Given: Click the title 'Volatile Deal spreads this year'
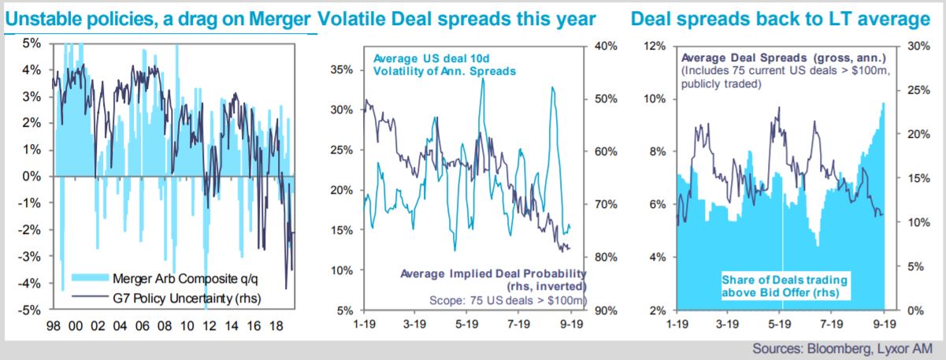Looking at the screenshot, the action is point(456,19).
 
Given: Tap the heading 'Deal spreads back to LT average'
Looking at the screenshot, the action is point(781,19).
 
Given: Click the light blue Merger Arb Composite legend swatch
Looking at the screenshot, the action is point(90,277).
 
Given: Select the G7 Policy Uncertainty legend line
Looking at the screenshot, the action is point(90,297).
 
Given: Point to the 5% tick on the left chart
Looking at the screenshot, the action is point(32,43).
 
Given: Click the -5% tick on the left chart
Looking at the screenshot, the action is point(29,310).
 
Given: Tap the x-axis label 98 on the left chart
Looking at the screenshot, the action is point(54,326).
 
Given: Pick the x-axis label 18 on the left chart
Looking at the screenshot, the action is point(276,326).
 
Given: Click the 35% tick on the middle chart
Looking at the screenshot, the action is point(342,70).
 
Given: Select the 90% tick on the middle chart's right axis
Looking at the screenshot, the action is point(606,310).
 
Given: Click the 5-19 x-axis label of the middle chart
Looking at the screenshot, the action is point(466,324).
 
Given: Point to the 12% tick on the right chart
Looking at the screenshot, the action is point(655,46).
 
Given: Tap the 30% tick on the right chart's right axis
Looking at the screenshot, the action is point(918,46).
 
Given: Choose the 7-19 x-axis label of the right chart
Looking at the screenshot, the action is point(831,324).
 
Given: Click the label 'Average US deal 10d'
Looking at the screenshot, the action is point(431,58).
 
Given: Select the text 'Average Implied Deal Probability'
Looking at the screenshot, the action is point(493,273).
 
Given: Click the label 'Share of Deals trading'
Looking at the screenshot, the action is point(785,280).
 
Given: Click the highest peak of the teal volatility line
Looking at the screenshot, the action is point(483,79).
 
